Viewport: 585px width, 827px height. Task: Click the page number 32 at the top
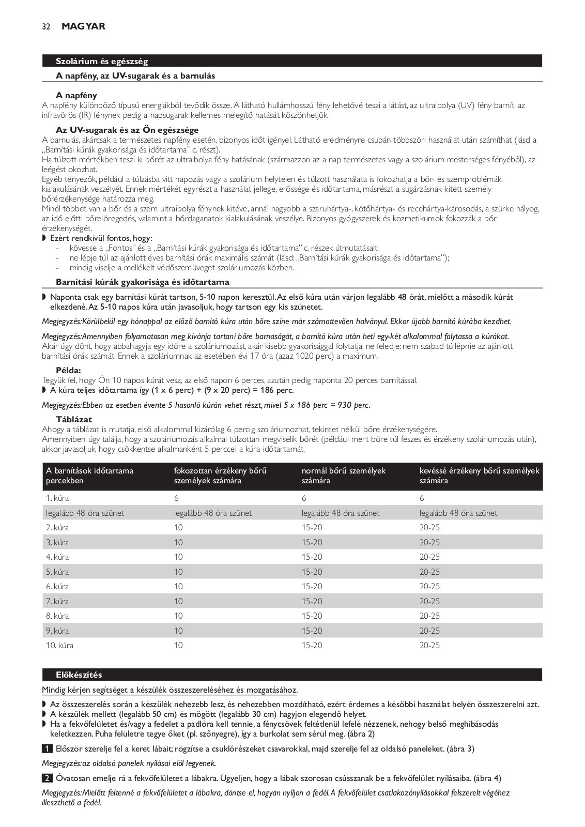tap(46, 27)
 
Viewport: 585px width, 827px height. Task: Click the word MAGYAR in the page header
tap(83, 26)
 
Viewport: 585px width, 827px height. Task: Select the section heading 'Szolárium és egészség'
tap(102, 62)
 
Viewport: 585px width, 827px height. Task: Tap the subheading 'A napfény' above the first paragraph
tap(76, 96)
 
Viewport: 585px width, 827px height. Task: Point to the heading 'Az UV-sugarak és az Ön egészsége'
tap(127, 130)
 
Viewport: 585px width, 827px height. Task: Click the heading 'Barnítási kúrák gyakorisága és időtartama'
tap(143, 282)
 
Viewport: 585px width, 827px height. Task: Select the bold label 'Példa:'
tap(69, 370)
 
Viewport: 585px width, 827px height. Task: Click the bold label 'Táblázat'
tap(74, 420)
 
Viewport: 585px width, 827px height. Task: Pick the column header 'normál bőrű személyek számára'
tap(344, 476)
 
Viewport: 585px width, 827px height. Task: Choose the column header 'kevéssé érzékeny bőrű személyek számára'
tap(479, 476)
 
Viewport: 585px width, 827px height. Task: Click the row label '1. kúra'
tap(57, 498)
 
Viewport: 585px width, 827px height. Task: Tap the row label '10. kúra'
tap(59, 646)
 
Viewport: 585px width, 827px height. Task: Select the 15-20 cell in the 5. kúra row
tap(312, 572)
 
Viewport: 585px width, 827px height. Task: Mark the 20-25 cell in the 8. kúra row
tap(429, 616)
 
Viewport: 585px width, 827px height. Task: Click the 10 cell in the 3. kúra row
tap(179, 542)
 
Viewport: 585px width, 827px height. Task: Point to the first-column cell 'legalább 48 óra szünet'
tap(85, 513)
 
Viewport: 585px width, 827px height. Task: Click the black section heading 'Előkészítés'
tap(79, 675)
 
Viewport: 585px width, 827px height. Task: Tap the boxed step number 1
tap(46, 749)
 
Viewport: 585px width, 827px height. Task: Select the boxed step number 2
tap(46, 778)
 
